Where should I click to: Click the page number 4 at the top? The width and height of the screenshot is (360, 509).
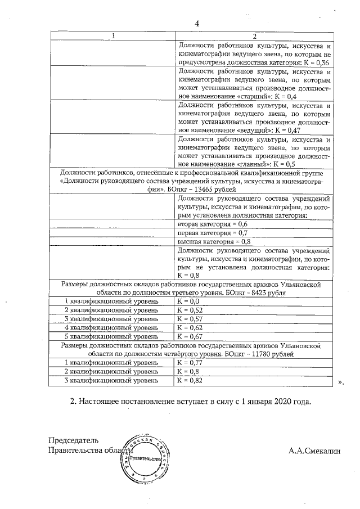(197, 24)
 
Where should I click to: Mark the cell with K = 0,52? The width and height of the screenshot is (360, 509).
(189, 310)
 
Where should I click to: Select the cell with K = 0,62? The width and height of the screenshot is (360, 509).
(189, 327)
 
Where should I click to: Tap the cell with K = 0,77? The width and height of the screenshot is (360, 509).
(189, 363)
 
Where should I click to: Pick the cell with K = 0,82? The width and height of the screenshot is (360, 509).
(189, 380)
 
